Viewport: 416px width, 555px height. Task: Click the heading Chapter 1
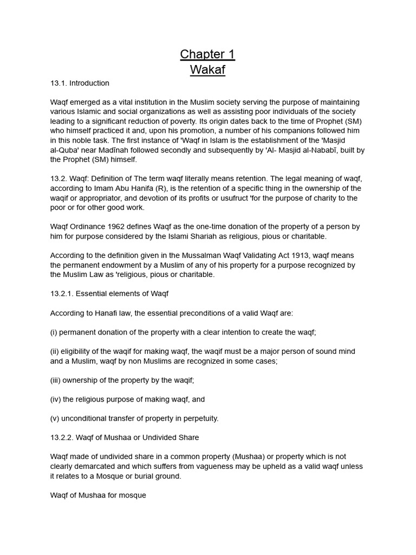pos(207,54)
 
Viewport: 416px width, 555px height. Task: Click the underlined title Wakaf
pos(207,69)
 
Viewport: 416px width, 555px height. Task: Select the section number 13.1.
pos(58,83)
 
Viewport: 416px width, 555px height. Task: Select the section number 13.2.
pos(58,179)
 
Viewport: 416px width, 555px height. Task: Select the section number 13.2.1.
pos(61,294)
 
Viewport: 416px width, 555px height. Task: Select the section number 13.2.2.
pos(61,437)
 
